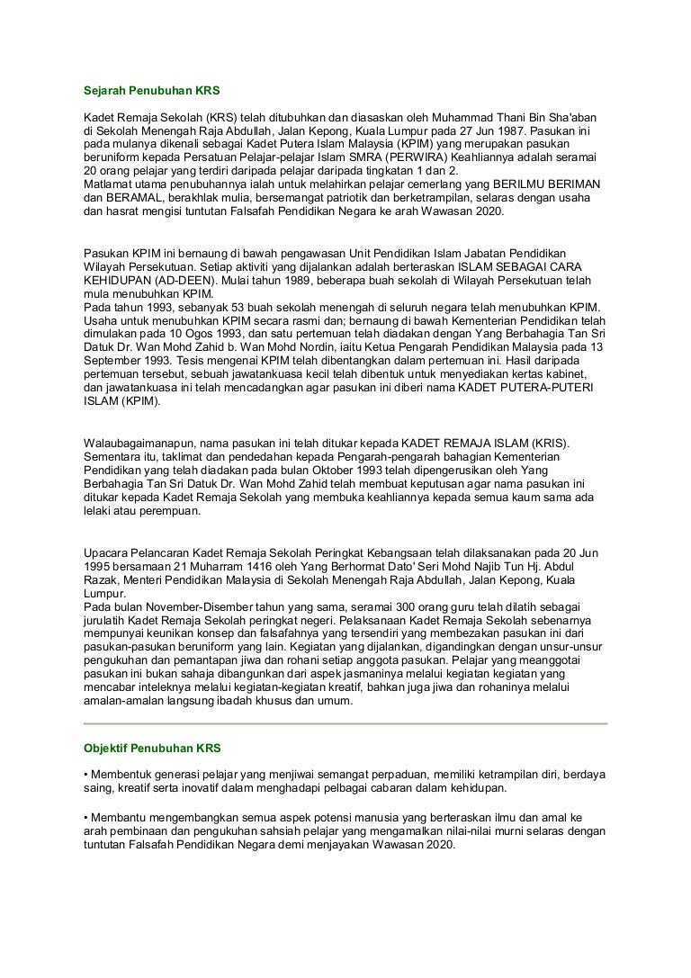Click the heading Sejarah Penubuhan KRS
tap(151, 92)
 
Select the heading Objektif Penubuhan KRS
tap(152, 749)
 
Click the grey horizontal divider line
tap(345, 722)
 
